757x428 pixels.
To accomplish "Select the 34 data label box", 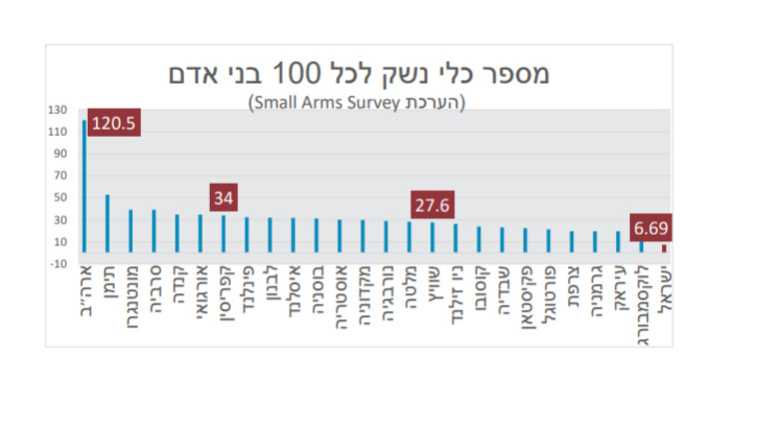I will click(224, 198).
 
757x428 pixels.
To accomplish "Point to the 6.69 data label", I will click(650, 228).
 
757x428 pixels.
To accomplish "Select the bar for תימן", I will click(108, 223).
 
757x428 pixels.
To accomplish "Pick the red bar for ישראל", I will click(664, 248).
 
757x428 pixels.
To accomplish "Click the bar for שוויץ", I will click(432, 237).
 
